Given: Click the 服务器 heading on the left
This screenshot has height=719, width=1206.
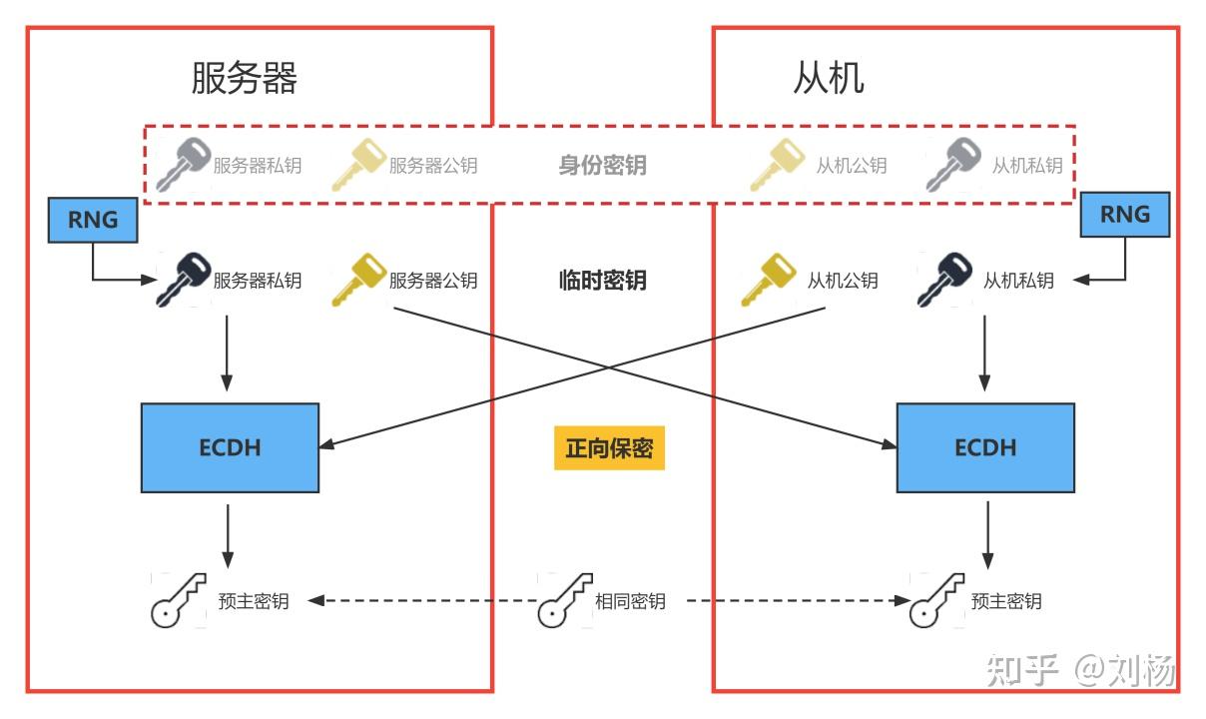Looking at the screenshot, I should click(245, 78).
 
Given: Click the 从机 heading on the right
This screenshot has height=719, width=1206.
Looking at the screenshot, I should click(828, 78).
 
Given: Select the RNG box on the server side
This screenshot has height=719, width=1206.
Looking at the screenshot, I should click(93, 220).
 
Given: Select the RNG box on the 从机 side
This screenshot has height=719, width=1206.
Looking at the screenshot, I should click(1124, 215).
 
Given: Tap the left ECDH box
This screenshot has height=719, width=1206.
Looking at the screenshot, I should click(230, 447).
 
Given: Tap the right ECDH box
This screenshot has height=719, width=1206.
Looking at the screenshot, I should click(985, 447).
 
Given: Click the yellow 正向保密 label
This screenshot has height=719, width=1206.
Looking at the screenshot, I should click(609, 448).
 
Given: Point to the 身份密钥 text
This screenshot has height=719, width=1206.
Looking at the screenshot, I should click(602, 165).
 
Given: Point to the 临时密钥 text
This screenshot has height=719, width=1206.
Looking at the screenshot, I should click(602, 281).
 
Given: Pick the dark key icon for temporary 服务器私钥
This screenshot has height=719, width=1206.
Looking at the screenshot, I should click(183, 280).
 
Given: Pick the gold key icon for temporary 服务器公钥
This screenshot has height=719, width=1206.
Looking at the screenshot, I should click(358, 280).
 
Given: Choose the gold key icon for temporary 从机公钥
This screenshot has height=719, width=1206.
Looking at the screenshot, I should click(769, 280).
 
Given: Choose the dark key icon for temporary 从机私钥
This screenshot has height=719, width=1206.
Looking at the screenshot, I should click(944, 280).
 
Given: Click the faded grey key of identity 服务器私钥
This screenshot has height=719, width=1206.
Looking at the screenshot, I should click(183, 165).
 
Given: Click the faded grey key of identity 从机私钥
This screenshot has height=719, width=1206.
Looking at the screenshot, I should click(953, 165).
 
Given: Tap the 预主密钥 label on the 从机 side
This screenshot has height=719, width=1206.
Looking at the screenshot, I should click(1006, 601).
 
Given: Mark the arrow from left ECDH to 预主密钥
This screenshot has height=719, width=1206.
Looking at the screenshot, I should click(229, 534).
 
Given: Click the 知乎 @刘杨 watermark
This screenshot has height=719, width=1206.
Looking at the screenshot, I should click(1080, 670).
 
